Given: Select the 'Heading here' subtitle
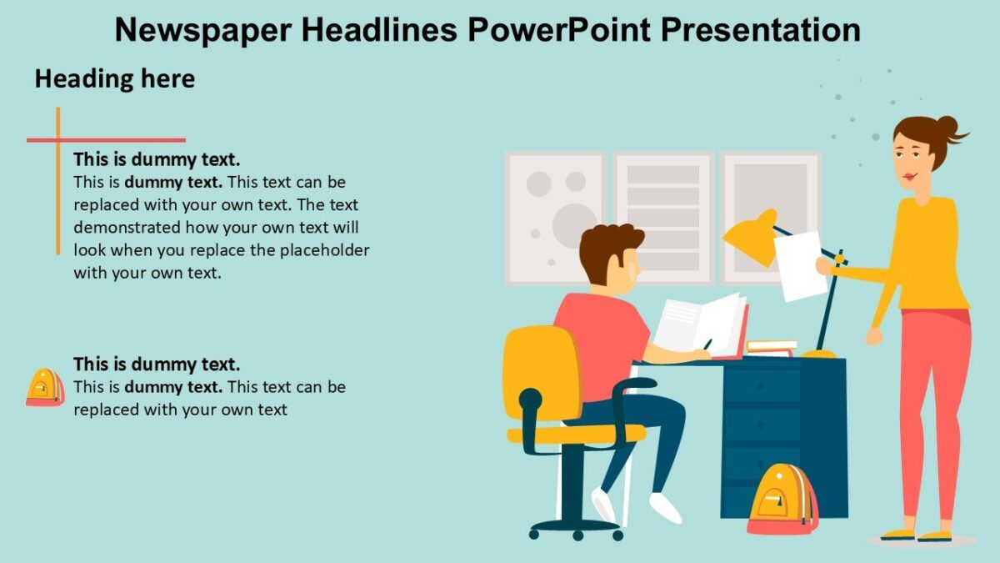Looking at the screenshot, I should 114,79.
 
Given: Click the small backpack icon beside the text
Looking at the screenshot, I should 44,388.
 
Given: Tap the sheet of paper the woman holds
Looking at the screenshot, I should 799,265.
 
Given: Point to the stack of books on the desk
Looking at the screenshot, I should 771,346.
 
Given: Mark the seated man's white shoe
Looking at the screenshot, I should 665,507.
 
